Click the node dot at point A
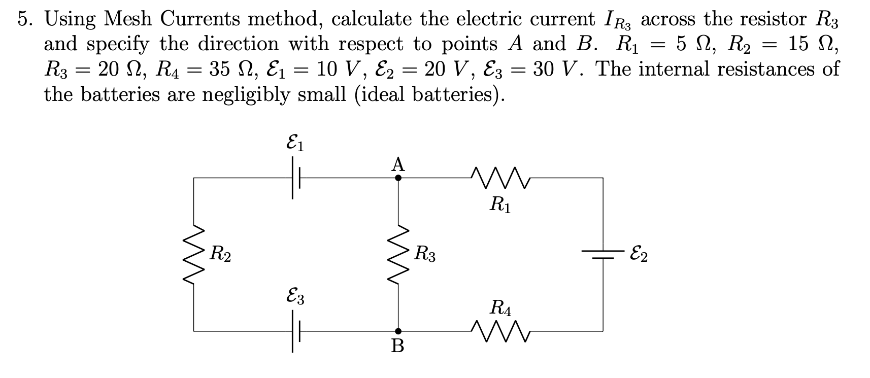pyautogui.click(x=398, y=178)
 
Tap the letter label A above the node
pyautogui.click(x=398, y=164)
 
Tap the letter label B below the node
pyautogui.click(x=398, y=347)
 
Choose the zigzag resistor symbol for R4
pyautogui.click(x=500, y=330)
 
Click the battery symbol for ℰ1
pyautogui.click(x=295, y=178)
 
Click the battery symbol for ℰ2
pyautogui.click(x=603, y=254)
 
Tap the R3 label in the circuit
pyautogui.click(x=425, y=253)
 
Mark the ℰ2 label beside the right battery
pyautogui.click(x=638, y=253)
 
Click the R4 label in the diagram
pyautogui.click(x=501, y=308)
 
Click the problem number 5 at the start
pyautogui.click(x=23, y=19)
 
